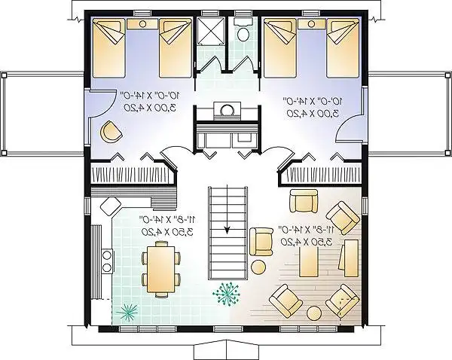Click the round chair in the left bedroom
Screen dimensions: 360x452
pos(110,133)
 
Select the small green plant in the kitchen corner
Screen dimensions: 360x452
pos(126,310)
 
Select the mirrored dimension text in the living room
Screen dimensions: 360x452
pos(299,234)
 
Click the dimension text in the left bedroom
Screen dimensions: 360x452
pos(146,102)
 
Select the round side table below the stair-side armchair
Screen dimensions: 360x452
pos(258,267)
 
